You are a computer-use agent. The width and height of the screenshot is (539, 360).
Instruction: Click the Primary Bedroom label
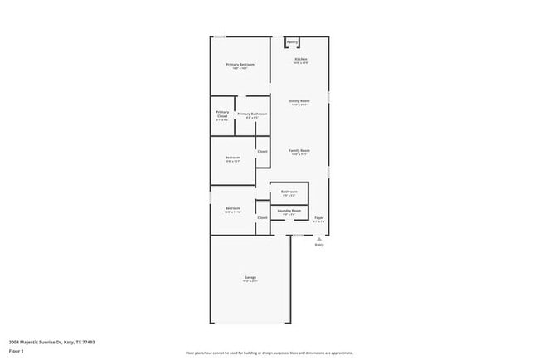point(240,64)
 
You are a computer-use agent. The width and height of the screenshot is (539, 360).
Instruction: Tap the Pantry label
point(292,41)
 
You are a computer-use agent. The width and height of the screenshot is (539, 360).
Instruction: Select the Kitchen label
point(301,59)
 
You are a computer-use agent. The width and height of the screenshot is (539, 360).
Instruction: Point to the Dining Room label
point(299,100)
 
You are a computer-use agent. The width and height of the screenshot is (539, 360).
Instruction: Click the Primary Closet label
point(222,114)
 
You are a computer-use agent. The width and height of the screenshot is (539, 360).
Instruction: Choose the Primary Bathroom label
point(251,114)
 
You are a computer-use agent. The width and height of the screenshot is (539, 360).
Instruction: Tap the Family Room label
point(299,150)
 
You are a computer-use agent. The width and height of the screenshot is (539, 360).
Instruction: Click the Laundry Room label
point(289,211)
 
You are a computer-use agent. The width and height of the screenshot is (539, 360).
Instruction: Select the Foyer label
point(318,217)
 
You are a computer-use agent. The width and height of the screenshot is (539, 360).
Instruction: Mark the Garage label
point(250,276)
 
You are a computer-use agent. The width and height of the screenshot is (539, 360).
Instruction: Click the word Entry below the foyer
point(319,245)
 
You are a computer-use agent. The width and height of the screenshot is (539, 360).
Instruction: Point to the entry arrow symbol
point(318,238)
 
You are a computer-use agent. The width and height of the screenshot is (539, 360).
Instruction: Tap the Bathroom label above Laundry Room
point(289,192)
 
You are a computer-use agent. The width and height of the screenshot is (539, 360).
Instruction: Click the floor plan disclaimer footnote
point(269,352)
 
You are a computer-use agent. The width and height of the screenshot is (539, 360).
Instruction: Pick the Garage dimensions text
point(250,281)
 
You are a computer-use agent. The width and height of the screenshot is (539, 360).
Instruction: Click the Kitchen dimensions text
point(301,63)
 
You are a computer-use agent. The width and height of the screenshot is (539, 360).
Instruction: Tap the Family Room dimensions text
point(299,155)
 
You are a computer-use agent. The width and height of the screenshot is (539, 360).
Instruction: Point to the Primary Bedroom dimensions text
point(240,69)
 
